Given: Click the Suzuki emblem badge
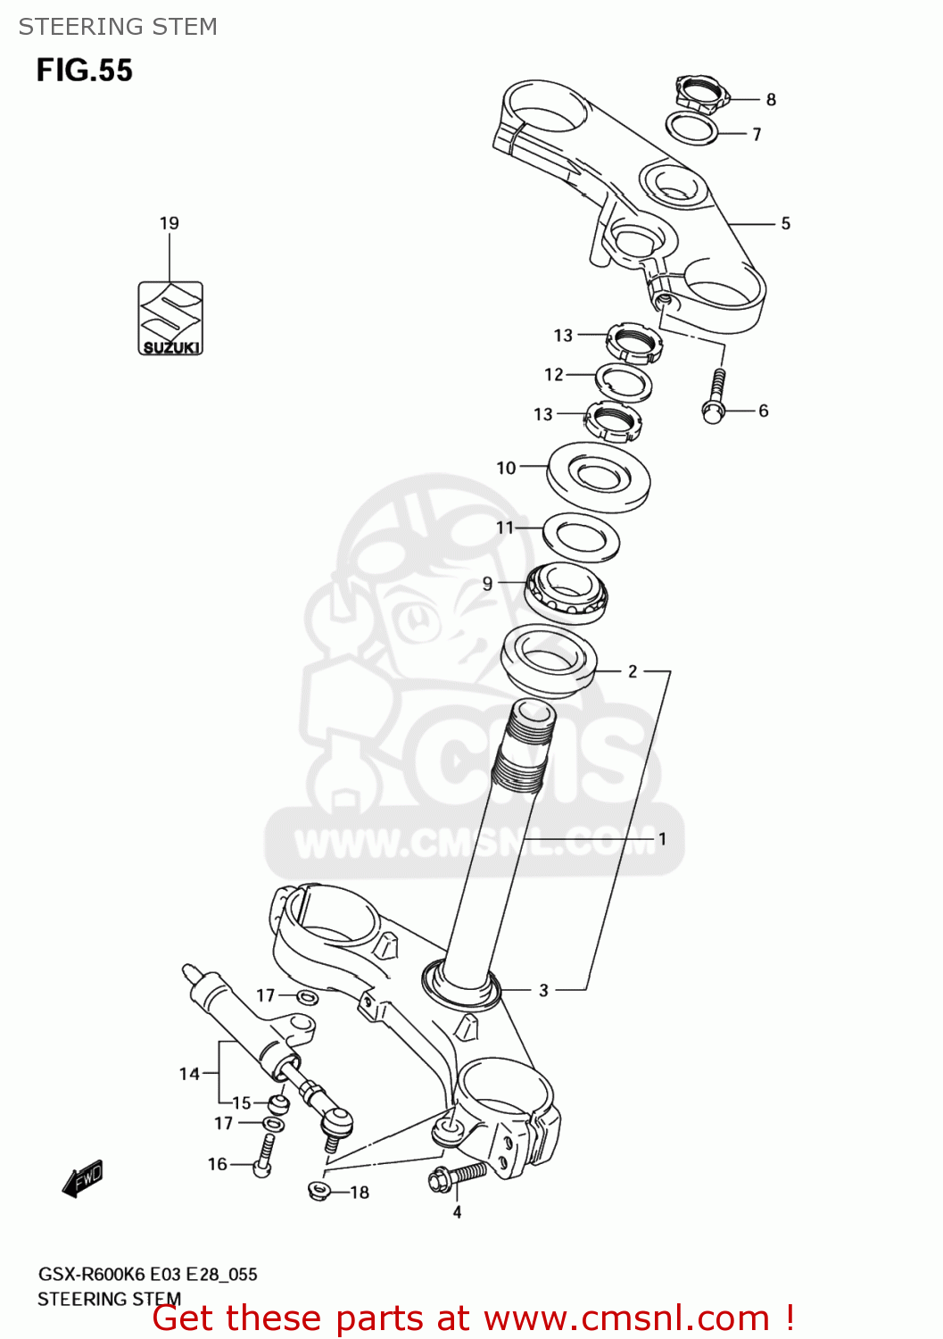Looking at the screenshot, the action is coord(170,318).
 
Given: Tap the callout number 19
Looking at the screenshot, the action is coord(170,223).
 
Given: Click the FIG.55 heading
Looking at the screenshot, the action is coord(85,71).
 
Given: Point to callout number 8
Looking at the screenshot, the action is coord(771,100).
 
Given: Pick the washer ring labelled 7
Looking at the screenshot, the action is coord(693,129).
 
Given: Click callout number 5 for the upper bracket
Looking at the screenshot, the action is coord(785,223).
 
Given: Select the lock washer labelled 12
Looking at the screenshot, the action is coord(623,381).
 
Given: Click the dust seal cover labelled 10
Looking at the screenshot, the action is coord(599,477).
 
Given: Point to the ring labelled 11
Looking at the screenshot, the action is coord(581,536).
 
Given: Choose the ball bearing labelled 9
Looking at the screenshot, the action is coord(566,592).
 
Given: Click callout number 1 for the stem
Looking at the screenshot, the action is coord(662,839).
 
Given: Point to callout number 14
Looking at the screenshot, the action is coord(188,1073).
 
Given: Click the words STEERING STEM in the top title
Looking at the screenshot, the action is coord(118,27).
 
